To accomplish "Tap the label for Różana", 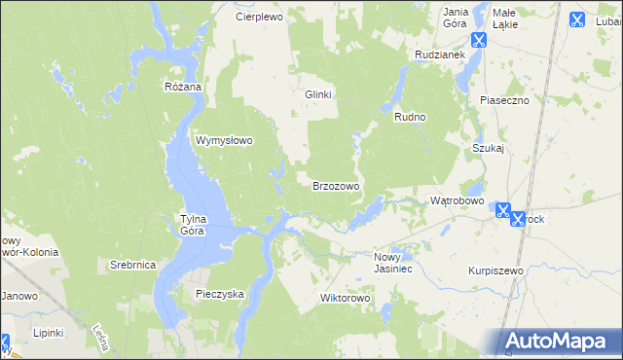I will pos(182,87).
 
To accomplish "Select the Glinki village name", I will pos(318,94).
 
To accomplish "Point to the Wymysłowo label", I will pos(225,140).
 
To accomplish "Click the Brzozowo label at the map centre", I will pos(336,185).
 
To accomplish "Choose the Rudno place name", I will pos(411,117).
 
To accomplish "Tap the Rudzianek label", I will pos(436,55).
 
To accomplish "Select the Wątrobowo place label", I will pos(458,200).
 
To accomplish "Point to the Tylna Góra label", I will pos(193,225).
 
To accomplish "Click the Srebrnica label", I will pos(132,265).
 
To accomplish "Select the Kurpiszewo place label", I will pos(495,270).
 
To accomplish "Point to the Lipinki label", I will pos(47,333).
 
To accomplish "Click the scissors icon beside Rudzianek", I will pos(478,40).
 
